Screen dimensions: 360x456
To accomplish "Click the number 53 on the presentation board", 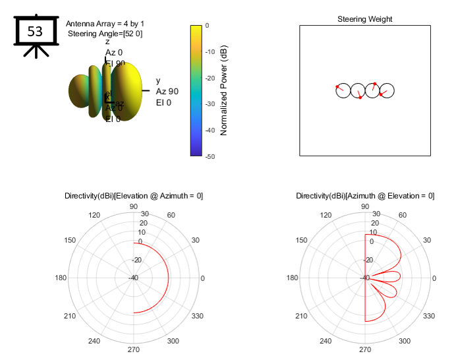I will pos(35,31).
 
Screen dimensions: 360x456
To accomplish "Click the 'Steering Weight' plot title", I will pos(364,19).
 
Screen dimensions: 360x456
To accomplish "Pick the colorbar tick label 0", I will pos(208,25).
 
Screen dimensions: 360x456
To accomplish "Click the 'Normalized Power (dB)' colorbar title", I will pos(224,90).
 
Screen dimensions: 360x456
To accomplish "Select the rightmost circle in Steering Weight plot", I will pos(387,91).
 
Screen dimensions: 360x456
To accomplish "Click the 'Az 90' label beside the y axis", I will pos(167,92).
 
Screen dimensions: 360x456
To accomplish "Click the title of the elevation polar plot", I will pos(134,196).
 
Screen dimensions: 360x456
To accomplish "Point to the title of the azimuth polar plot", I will pos(365,196).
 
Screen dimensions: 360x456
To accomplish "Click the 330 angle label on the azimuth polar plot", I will pos(428,316).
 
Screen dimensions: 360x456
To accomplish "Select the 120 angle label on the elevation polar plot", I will pos(94,216).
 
